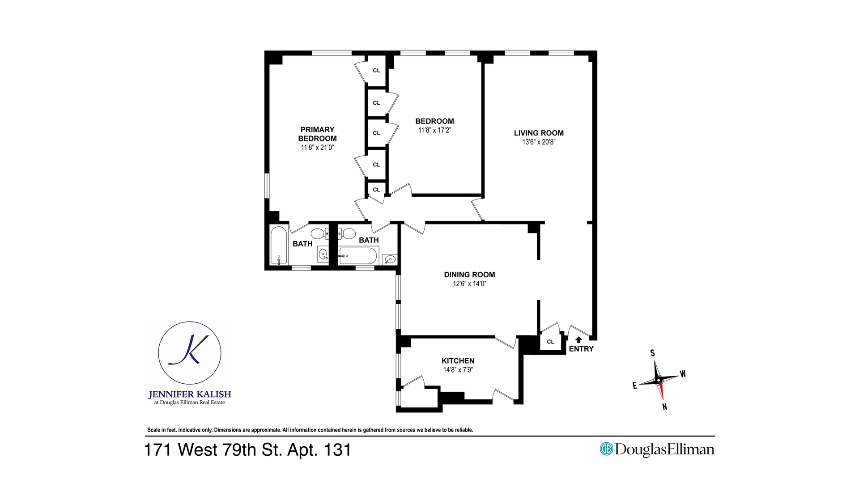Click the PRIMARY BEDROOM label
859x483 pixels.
317,134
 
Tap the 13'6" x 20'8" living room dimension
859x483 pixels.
539,142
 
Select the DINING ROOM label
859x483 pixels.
469,275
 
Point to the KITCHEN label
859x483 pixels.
458,361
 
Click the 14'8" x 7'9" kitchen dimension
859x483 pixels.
458,370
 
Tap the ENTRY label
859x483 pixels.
581,349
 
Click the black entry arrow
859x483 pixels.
578,340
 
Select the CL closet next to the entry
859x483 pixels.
550,342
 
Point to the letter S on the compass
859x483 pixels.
652,353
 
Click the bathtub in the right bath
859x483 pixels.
357,256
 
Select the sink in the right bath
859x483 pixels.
390,259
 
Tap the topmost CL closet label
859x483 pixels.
376,70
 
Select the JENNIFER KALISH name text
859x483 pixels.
190,394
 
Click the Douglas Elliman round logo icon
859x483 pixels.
606,449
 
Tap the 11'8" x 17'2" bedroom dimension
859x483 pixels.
434,131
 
